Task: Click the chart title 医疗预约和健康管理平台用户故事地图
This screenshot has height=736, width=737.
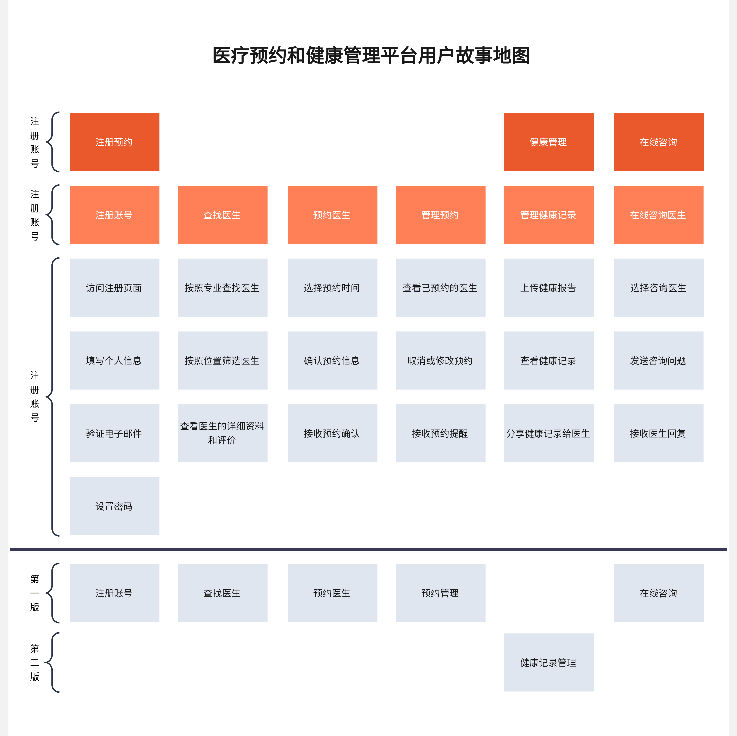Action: pos(371,55)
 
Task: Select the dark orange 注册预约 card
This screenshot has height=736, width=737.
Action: pos(114,142)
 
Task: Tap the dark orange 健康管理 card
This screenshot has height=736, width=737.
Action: pos(548,142)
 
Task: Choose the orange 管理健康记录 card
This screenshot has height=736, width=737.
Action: pos(548,215)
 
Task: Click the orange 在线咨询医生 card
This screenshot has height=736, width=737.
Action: pos(658,215)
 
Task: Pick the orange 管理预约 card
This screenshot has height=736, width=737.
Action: pos(440,215)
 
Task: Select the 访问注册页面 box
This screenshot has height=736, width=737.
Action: pos(114,288)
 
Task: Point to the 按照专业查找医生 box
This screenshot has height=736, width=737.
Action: pos(222,288)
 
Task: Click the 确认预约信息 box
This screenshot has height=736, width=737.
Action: pos(332,361)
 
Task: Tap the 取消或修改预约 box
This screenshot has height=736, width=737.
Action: pos(440,361)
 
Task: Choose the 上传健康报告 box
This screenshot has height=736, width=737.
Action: pos(548,288)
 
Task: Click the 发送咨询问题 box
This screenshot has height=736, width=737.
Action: pos(658,361)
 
